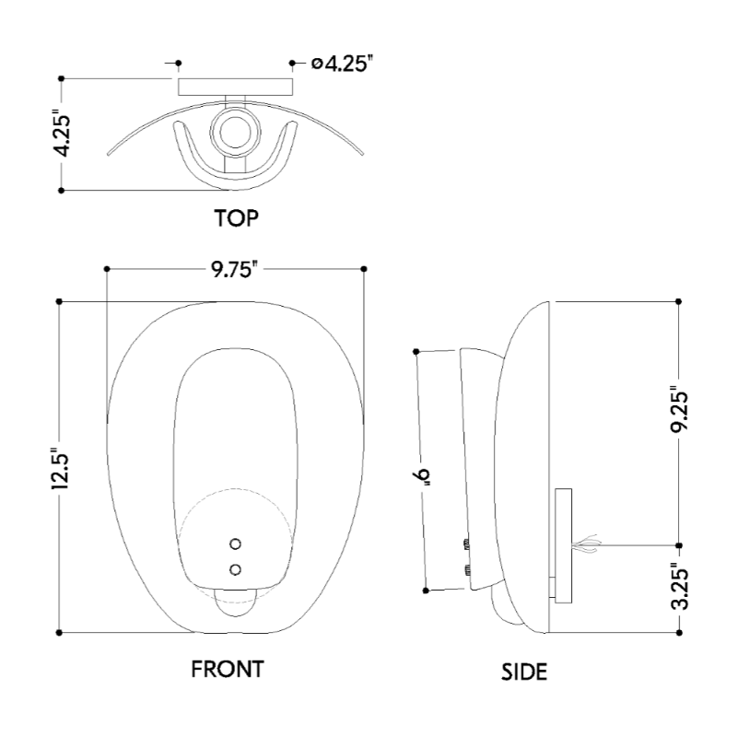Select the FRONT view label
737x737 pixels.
pyautogui.click(x=228, y=669)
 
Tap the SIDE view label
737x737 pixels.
pyautogui.click(x=523, y=672)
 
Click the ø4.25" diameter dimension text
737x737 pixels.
pyautogui.click(x=342, y=64)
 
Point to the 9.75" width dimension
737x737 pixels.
pyautogui.click(x=233, y=269)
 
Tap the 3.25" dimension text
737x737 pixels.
pyautogui.click(x=679, y=587)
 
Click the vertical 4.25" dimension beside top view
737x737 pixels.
pyautogui.click(x=61, y=134)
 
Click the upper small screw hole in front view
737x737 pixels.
pyautogui.click(x=236, y=544)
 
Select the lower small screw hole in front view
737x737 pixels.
pyautogui.click(x=236, y=569)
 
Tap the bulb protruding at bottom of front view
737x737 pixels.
pyautogui.click(x=236, y=604)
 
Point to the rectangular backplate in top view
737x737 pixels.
pyautogui.click(x=234, y=87)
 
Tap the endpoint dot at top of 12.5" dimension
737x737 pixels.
pyautogui.click(x=60, y=301)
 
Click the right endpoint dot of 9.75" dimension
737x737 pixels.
pyautogui.click(x=365, y=269)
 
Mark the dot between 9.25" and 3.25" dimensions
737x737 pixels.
pyautogui.click(x=679, y=544)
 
